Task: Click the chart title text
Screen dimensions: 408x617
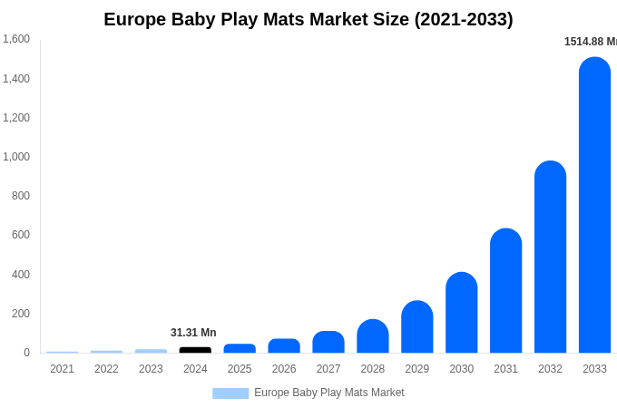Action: [308, 19]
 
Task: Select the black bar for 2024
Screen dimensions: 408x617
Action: [195, 350]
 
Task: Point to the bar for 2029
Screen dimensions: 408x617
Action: [417, 327]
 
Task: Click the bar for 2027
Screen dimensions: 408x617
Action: [328, 343]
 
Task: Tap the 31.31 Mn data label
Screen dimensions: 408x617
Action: [193, 333]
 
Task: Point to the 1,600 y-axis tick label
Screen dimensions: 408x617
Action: [16, 39]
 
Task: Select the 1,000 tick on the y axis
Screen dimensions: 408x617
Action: [16, 157]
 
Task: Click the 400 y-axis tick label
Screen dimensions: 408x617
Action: [20, 275]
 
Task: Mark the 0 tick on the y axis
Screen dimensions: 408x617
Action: [26, 353]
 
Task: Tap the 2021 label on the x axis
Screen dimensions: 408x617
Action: [62, 369]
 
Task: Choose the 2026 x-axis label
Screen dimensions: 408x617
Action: [284, 369]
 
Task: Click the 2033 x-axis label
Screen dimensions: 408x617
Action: [594, 369]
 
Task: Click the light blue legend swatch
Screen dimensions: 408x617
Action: [230, 393]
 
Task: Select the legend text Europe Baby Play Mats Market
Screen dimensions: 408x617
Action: [329, 393]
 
